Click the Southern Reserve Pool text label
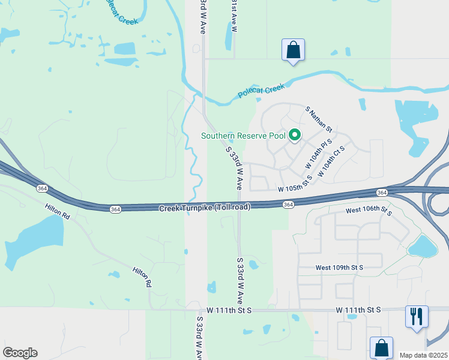(243, 136)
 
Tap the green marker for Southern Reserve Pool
(295, 136)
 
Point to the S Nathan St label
(319, 119)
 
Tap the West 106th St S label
(369, 211)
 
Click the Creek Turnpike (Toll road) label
(204, 208)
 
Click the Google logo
(20, 353)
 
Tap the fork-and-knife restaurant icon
(417, 316)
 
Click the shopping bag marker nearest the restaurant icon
(382, 347)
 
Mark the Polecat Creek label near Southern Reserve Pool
(261, 91)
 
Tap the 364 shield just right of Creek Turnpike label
(289, 205)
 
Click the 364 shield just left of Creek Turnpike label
(115, 209)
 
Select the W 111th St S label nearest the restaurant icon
(358, 310)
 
